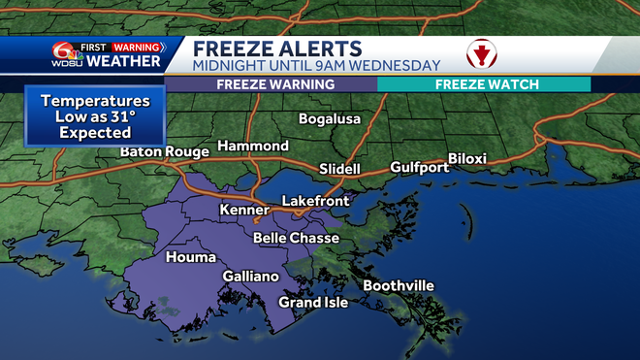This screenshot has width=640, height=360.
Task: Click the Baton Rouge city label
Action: point(165,152)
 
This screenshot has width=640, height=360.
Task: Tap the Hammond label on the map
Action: point(252,146)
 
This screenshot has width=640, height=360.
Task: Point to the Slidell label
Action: point(339,169)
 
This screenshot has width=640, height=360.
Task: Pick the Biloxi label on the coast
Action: point(472,159)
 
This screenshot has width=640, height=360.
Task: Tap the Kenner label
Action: point(245,210)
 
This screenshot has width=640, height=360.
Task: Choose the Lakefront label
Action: point(314,201)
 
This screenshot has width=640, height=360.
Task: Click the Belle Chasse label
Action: point(296,238)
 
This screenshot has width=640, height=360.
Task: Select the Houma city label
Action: point(185,257)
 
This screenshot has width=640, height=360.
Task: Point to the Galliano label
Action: point(251,277)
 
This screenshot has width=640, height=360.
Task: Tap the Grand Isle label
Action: point(313,303)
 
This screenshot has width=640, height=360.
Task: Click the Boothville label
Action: point(399,285)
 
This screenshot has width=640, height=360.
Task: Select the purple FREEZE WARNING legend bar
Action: point(275,84)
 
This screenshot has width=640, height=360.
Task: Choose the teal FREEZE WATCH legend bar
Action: point(484,84)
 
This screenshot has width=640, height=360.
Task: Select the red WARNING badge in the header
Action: point(136,46)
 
